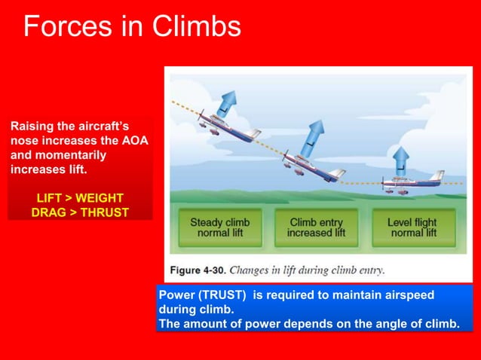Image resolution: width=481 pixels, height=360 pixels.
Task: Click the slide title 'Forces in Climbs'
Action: point(132,26)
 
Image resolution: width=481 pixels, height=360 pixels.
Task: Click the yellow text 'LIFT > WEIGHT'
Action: point(80,198)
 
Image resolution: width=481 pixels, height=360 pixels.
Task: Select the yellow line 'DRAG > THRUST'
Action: point(80,212)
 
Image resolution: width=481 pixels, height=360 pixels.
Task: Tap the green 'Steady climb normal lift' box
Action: point(219,227)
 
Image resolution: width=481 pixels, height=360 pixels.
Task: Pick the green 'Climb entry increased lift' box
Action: point(316,227)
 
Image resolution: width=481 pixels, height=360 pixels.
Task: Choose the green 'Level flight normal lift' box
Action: point(413,227)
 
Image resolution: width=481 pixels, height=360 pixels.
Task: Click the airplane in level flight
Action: point(411,183)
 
